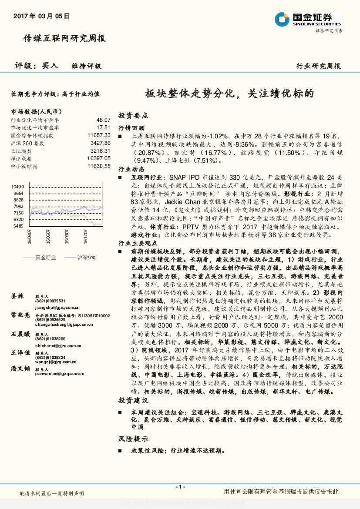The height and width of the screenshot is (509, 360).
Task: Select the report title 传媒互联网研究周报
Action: point(64,39)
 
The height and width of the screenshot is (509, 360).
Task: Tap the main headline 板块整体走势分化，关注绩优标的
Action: point(229,93)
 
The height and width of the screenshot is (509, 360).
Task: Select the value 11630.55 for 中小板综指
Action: point(99,166)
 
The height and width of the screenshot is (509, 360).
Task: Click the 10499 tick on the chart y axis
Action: point(18,187)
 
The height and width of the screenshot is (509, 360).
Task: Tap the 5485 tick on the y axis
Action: point(18,226)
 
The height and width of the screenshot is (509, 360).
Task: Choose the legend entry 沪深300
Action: point(85,258)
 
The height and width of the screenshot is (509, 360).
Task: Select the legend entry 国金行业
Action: point(45,258)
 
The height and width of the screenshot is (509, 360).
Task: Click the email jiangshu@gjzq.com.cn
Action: point(55,307)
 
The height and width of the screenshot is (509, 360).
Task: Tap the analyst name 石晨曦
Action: point(21,334)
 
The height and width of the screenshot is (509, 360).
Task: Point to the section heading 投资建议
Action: point(133,400)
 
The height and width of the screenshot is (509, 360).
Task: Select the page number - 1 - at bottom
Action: point(180,486)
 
